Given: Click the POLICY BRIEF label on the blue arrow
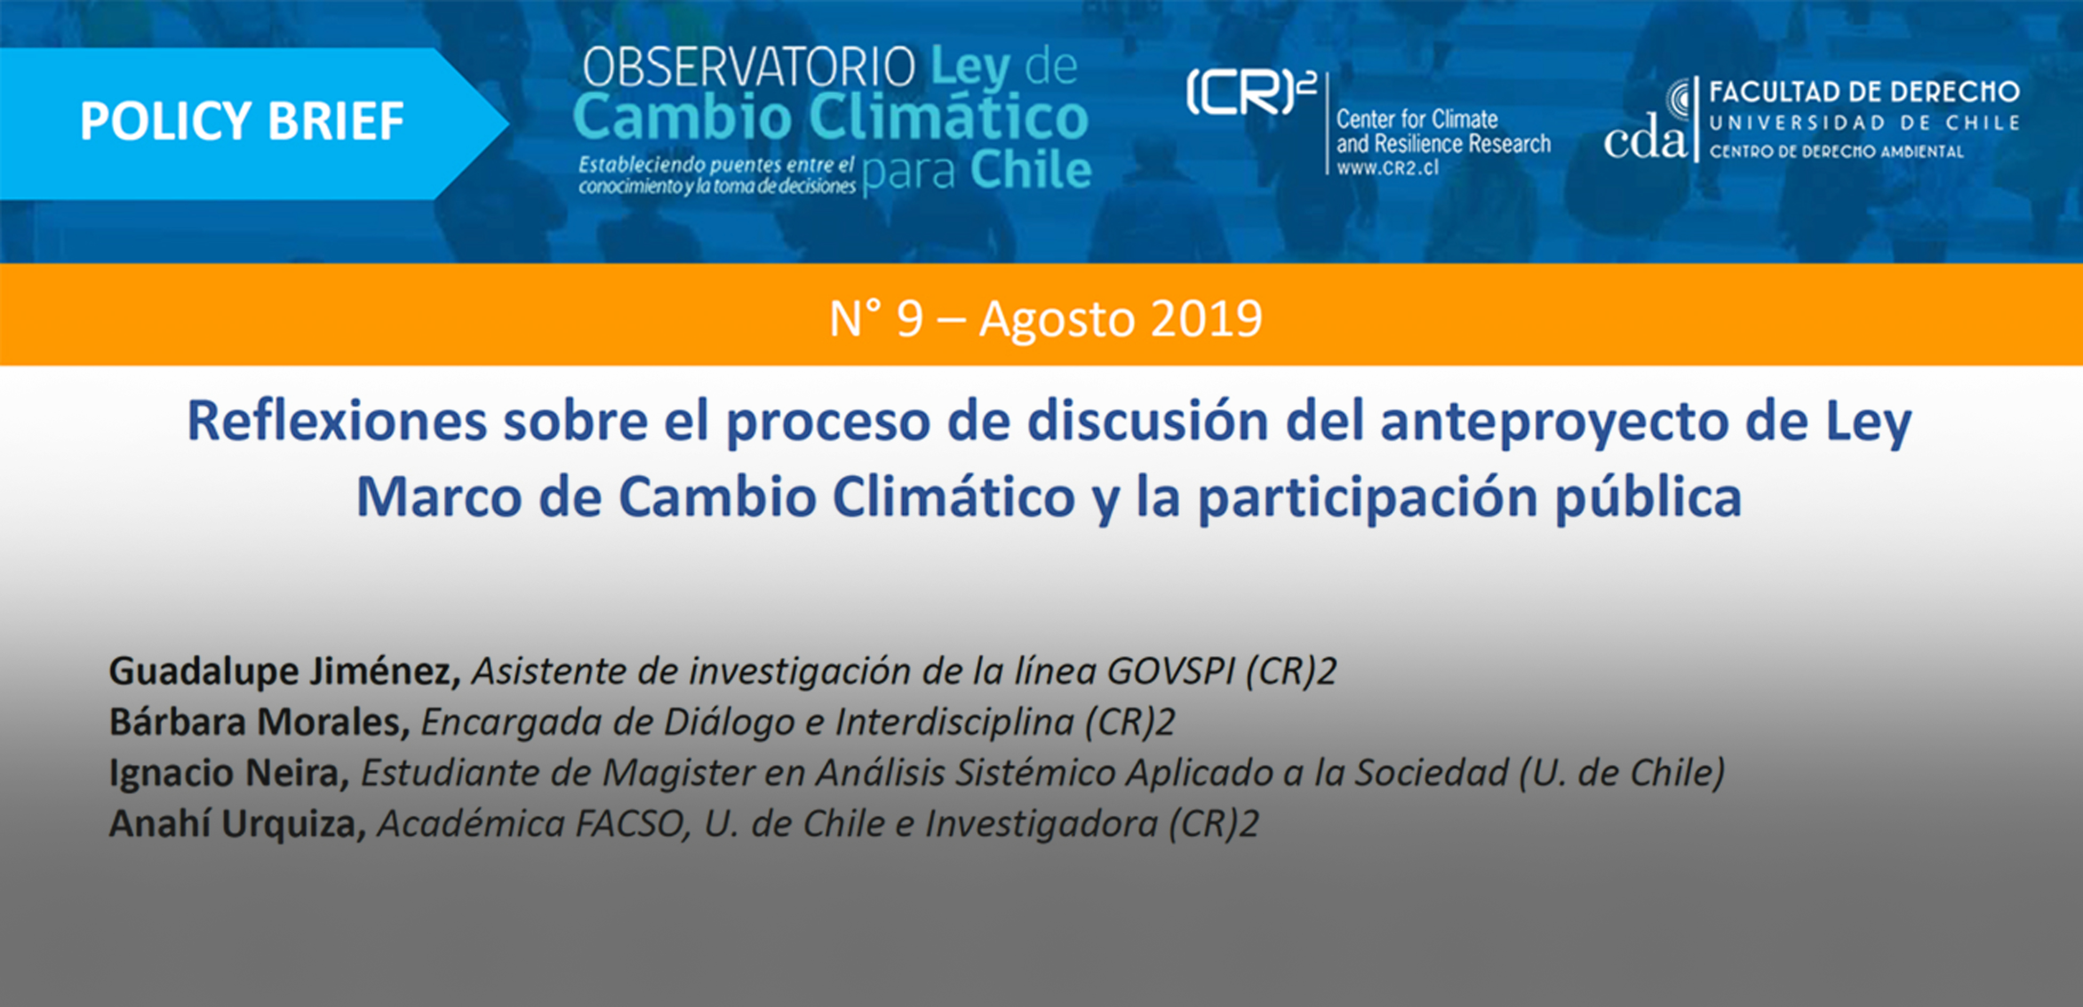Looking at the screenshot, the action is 242,121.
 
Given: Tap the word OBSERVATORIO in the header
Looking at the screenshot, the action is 749,67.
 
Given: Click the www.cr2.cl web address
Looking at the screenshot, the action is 1387,168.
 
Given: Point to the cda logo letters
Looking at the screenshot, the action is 1646,141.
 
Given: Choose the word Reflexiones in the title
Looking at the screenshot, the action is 337,421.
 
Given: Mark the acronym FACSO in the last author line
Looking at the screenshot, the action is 632,824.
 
